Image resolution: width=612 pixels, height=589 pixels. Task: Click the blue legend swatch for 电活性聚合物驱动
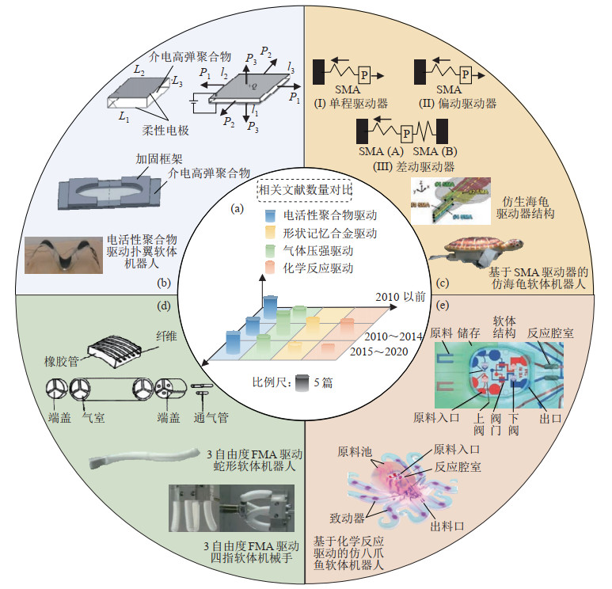pos(269,216)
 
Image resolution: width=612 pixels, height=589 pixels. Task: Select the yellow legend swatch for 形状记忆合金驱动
pos(269,234)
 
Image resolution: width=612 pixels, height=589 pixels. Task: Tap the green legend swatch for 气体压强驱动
pos(269,251)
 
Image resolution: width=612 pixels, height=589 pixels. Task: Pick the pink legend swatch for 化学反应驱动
pos(269,268)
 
